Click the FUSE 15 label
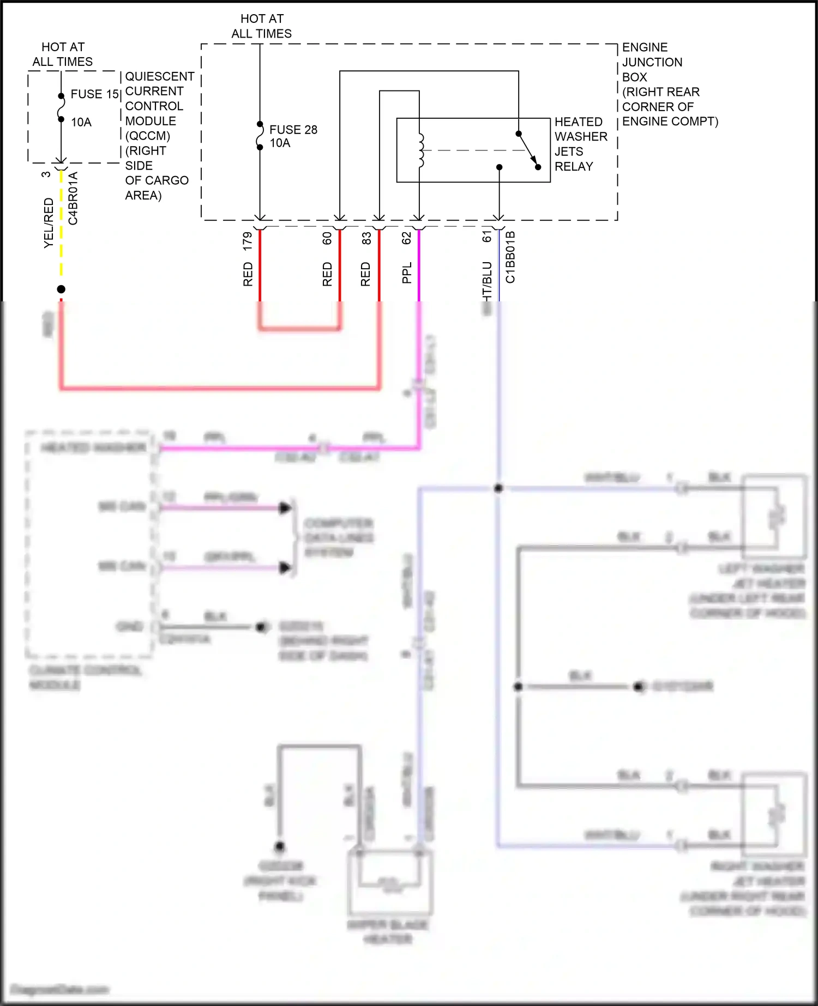point(94,94)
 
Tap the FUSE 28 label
point(293,130)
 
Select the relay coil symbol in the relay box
point(420,150)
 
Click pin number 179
point(248,241)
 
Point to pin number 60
point(327,238)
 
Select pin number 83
point(366,238)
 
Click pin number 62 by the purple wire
point(406,238)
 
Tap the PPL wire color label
point(406,273)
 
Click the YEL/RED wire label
point(49,223)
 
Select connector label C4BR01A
point(73,198)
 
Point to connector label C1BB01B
point(510,257)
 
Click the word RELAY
point(573,167)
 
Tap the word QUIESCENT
point(159,76)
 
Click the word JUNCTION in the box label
point(652,62)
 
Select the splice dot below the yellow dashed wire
point(61,289)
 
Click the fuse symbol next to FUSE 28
point(260,136)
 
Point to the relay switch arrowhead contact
point(537,166)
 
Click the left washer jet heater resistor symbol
point(777,516)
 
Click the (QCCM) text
point(148,136)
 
